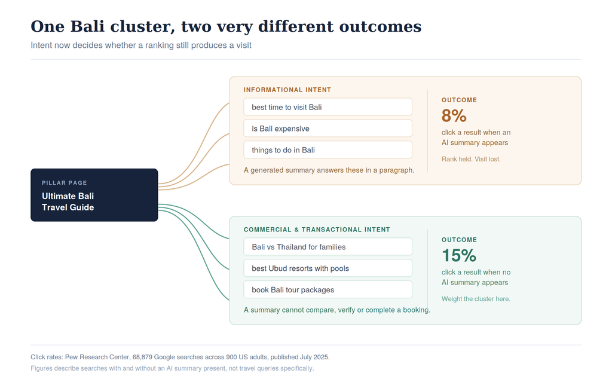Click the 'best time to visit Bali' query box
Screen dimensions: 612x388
tap(328, 107)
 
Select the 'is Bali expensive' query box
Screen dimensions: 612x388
tap(328, 129)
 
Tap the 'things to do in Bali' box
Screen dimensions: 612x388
tap(328, 150)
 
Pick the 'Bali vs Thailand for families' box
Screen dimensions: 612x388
tap(328, 247)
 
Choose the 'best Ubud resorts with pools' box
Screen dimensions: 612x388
tap(328, 268)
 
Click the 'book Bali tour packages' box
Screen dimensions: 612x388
tap(328, 289)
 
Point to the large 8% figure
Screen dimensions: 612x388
tap(454, 115)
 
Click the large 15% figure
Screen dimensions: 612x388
tap(458, 255)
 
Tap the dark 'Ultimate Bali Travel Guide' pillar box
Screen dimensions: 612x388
tap(94, 195)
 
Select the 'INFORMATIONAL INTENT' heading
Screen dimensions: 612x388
tap(287, 90)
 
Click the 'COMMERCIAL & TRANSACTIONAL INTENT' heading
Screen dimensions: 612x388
tap(317, 230)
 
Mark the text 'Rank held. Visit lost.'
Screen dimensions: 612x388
tap(471, 159)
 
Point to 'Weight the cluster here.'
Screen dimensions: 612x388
tap(476, 298)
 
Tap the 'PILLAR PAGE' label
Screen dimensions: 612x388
tap(65, 183)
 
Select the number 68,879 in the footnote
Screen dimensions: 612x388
tap(142, 357)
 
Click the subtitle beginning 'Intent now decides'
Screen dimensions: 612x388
tap(141, 45)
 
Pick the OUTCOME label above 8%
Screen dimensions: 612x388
tap(459, 100)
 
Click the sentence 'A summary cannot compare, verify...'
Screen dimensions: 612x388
tap(337, 310)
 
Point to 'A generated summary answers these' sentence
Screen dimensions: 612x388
tap(329, 170)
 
